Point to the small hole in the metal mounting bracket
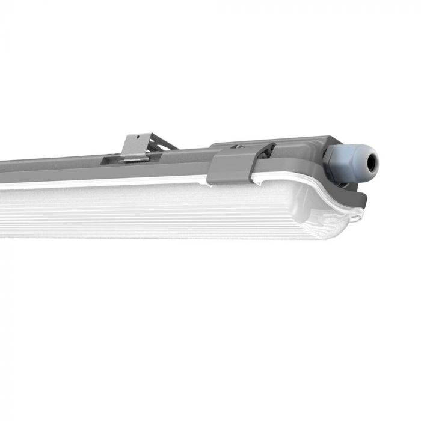137,138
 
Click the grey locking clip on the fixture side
232,168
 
